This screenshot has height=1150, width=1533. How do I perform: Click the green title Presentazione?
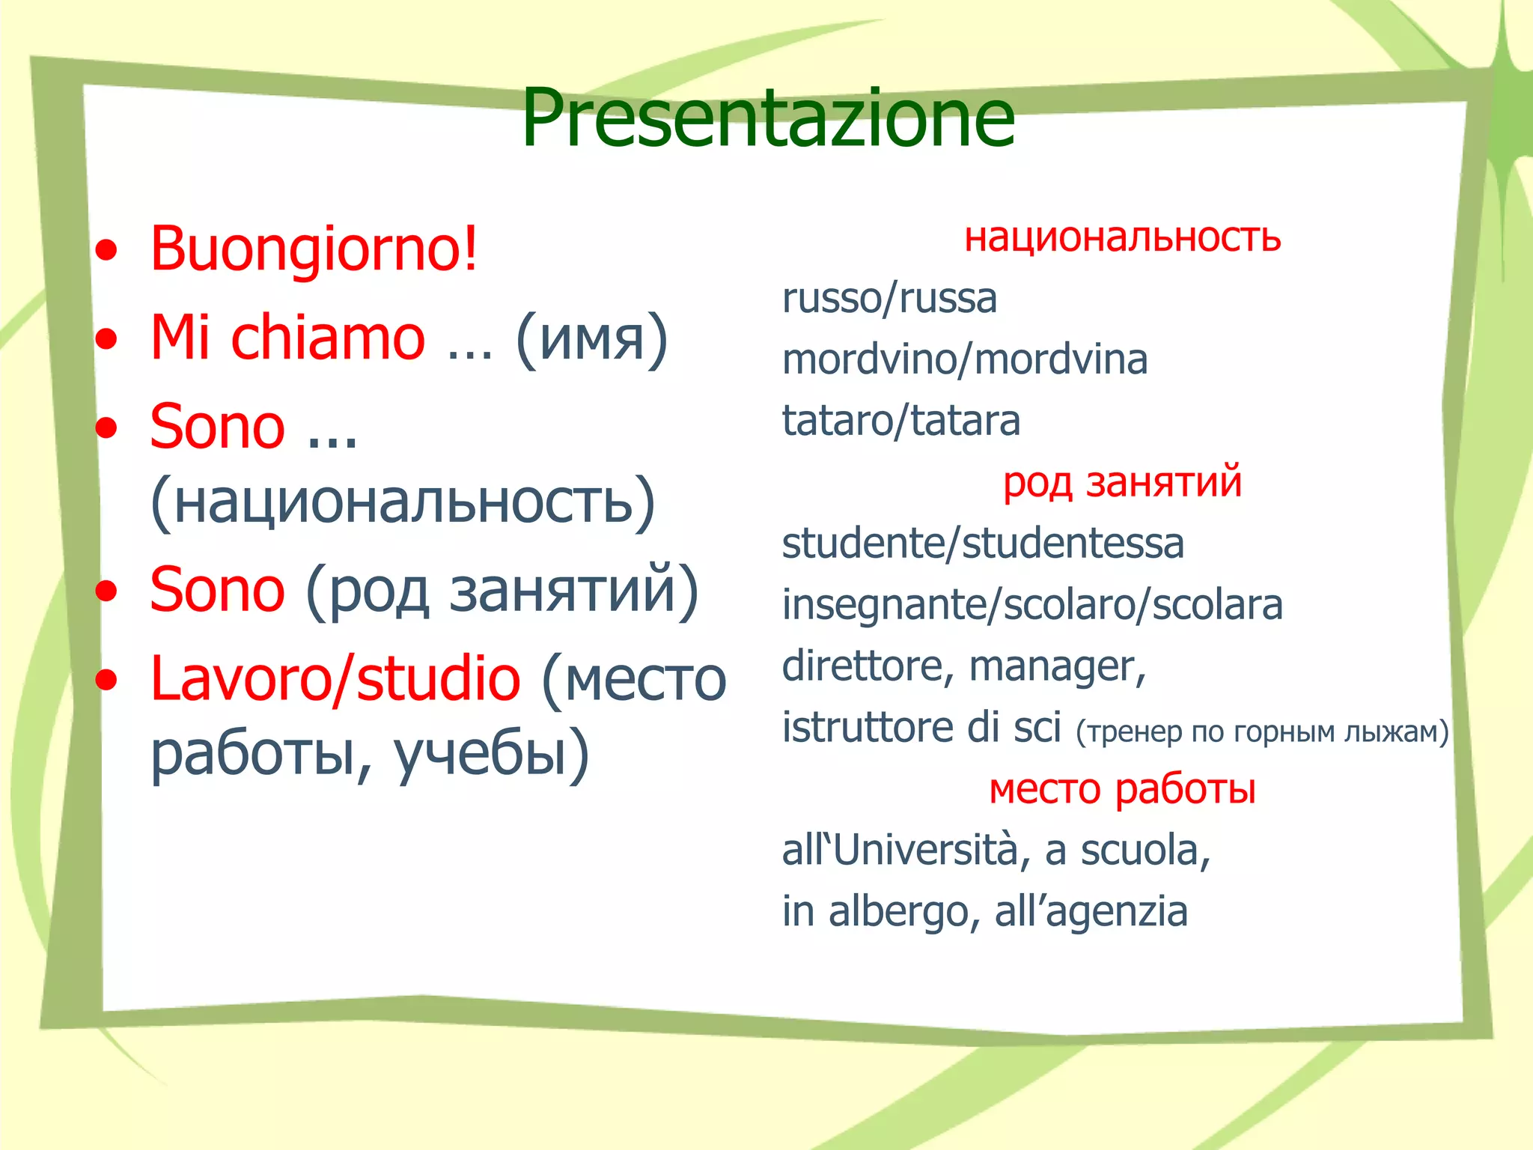pyautogui.click(x=767, y=118)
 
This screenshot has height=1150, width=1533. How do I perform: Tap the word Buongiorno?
pyautogui.click(x=313, y=249)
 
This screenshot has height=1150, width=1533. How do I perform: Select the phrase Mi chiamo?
pyautogui.click(x=287, y=338)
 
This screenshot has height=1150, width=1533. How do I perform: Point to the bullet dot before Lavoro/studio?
pyautogui.click(x=107, y=679)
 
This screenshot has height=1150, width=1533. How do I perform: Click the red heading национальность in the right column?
pyautogui.click(x=1122, y=237)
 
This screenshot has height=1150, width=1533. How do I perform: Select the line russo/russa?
pyautogui.click(x=889, y=299)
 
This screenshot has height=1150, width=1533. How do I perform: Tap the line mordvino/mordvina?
pyautogui.click(x=964, y=360)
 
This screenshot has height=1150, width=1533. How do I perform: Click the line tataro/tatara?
pyautogui.click(x=900, y=421)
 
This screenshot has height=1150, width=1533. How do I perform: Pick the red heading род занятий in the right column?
pyautogui.click(x=1122, y=482)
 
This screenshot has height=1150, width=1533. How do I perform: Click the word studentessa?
pyautogui.click(x=1073, y=544)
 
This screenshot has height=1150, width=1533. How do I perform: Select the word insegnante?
pyautogui.click(x=882, y=606)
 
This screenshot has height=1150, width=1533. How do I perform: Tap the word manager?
pyautogui.click(x=1056, y=666)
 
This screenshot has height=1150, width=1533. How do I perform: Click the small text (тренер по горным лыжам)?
pyautogui.click(x=1262, y=731)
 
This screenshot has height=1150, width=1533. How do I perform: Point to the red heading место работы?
pyautogui.click(x=1122, y=789)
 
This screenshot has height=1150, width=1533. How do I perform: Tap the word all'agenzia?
pyautogui.click(x=1091, y=912)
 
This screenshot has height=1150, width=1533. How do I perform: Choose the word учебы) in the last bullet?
pyautogui.click(x=491, y=755)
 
